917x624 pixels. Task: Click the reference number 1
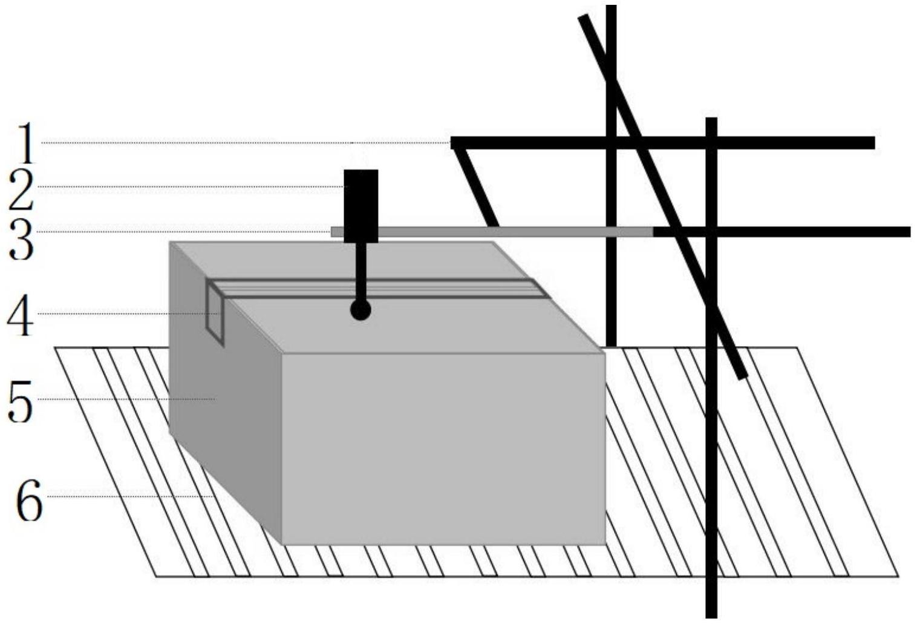[22, 143]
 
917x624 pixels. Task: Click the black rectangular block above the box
[361, 206]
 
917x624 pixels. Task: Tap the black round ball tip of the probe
[361, 310]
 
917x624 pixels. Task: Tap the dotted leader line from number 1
[242, 143]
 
